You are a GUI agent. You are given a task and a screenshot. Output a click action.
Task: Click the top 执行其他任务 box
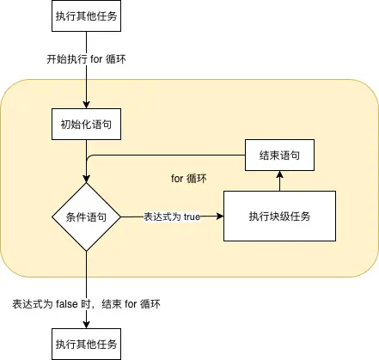tap(87, 17)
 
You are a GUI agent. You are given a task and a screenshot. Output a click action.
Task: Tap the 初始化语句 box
tap(87, 124)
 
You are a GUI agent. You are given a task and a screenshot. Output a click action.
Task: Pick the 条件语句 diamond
tap(87, 217)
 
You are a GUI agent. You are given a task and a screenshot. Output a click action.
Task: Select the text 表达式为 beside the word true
tap(162, 217)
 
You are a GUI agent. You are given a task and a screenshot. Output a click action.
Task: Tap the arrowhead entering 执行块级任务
tap(219, 217)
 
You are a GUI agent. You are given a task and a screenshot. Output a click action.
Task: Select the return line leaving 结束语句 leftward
tap(172, 156)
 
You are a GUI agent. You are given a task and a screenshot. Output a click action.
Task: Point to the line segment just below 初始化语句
tap(87, 149)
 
